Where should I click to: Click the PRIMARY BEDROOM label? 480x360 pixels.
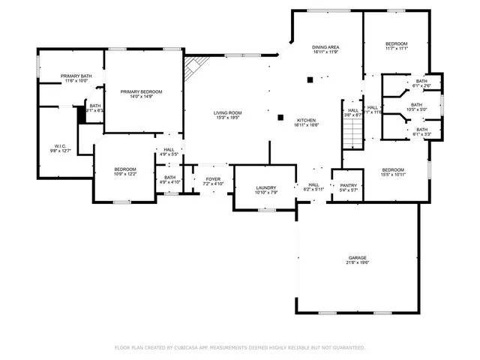click(x=141, y=91)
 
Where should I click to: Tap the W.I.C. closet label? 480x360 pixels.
click(x=59, y=145)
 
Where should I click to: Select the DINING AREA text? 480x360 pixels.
click(x=326, y=47)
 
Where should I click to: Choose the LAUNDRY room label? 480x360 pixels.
click(x=266, y=187)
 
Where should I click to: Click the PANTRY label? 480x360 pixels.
click(x=349, y=185)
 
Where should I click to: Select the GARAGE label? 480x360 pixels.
click(x=357, y=257)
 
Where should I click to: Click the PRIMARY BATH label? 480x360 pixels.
click(x=75, y=76)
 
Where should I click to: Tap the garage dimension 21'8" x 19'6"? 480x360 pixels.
click(x=357, y=262)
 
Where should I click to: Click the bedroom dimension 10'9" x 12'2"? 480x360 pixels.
click(x=125, y=174)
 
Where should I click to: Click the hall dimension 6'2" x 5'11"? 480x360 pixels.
click(x=313, y=190)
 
